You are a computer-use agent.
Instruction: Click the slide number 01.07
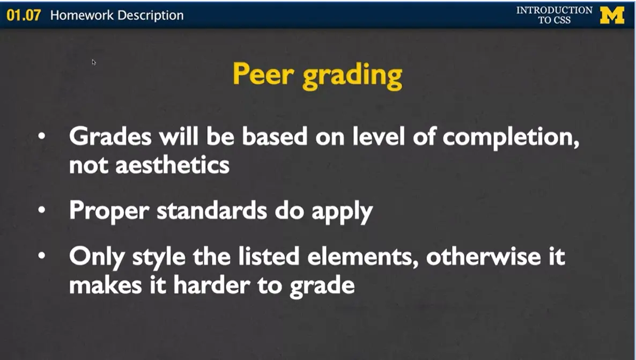pyautogui.click(x=24, y=15)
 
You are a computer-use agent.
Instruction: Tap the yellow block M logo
pyautogui.click(x=612, y=15)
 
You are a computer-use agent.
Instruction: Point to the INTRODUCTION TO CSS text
pyautogui.click(x=554, y=15)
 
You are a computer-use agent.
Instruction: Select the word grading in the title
pyautogui.click(x=352, y=77)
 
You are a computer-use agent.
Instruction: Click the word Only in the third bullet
pyautogui.click(x=93, y=256)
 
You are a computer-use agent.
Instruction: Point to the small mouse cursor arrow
pyautogui.click(x=94, y=62)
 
